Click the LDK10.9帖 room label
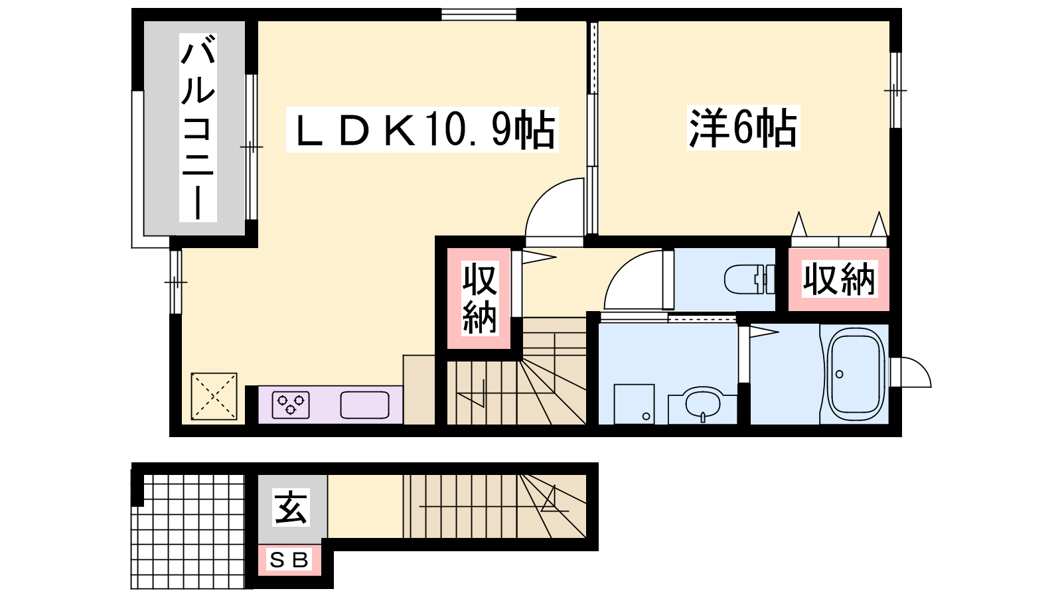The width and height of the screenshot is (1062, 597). click(x=422, y=129)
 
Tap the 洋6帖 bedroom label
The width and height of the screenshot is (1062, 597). click(x=743, y=127)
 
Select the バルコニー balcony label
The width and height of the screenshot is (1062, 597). click(x=198, y=128)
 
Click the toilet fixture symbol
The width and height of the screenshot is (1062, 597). click(x=749, y=279)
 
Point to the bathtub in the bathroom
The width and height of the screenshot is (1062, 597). click(x=856, y=375)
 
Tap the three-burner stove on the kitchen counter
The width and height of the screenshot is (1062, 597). click(x=291, y=405)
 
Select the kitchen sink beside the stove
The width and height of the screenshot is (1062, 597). click(x=364, y=405)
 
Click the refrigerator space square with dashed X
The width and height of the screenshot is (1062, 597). click(x=214, y=396)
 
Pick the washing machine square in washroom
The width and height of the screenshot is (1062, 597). click(x=634, y=404)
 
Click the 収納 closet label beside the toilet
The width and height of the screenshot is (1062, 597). click(x=839, y=279)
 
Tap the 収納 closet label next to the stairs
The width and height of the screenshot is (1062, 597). click(x=479, y=298)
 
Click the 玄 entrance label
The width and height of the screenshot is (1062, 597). click(x=291, y=507)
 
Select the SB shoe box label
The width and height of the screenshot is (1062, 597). click(x=289, y=561)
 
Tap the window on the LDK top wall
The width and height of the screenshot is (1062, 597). click(x=479, y=14)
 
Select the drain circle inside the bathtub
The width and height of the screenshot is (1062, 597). click(x=839, y=374)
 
